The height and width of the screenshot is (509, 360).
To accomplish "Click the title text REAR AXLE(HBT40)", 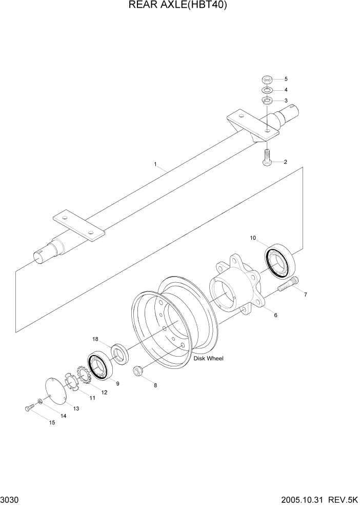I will (x=179, y=6).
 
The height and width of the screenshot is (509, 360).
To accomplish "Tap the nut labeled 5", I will (x=266, y=79).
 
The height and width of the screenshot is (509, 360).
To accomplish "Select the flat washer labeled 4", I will (x=266, y=90).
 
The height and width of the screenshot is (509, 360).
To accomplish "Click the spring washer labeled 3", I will (x=266, y=100).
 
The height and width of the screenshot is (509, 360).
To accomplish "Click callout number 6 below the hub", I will (x=275, y=315).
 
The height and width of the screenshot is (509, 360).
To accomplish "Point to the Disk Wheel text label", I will (x=209, y=359).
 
